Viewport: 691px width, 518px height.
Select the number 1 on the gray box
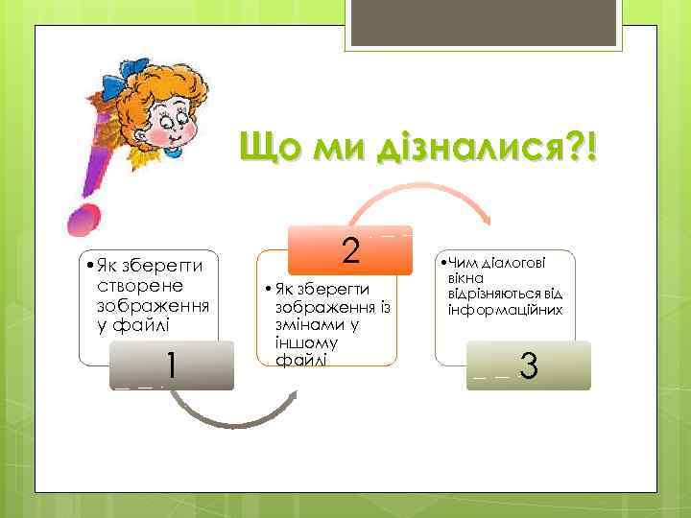point(170,365)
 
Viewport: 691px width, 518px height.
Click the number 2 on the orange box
point(350,250)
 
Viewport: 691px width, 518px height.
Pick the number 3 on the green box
point(527,366)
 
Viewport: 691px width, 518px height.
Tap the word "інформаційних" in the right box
point(504,311)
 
